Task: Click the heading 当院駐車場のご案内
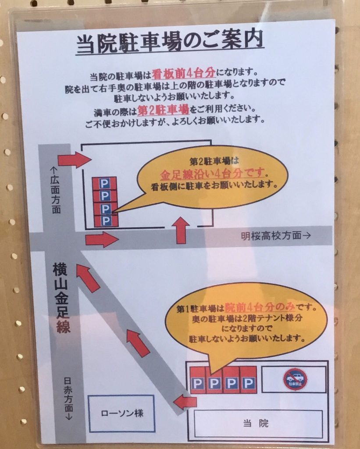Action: [x=170, y=43]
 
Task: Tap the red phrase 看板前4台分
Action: [x=184, y=74]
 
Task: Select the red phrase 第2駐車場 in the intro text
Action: [x=163, y=110]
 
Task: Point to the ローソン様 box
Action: [x=122, y=413]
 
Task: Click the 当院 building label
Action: [x=256, y=423]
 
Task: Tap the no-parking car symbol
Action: [x=295, y=379]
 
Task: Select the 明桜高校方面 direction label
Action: [x=275, y=235]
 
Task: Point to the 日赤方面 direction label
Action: [x=68, y=399]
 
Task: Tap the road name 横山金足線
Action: [x=61, y=298]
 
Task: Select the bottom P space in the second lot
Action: [x=106, y=221]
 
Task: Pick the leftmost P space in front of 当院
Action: [x=198, y=381]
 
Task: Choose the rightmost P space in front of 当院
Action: [x=248, y=380]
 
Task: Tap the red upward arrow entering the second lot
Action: [x=181, y=230]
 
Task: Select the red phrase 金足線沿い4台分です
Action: [x=212, y=173]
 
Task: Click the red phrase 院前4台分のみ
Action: [x=260, y=307]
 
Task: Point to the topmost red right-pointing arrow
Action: [x=75, y=160]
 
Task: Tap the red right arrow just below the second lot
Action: [x=102, y=239]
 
